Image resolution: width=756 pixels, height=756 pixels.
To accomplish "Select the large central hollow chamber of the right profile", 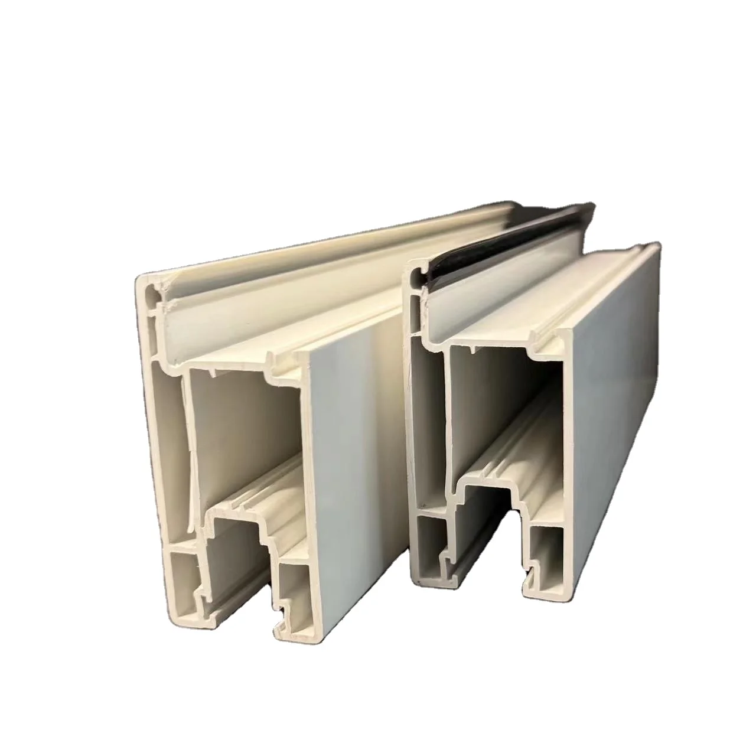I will click(x=502, y=408).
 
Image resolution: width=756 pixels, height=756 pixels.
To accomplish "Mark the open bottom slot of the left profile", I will click(x=236, y=567).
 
